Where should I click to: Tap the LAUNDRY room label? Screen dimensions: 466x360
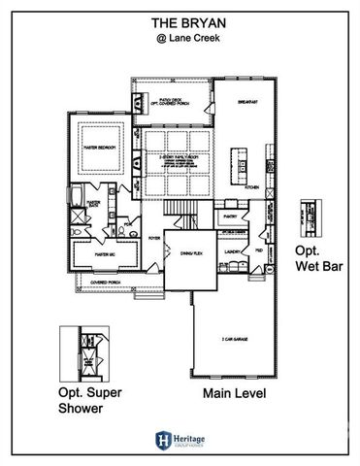coord(232,250)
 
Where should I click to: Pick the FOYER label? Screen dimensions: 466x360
coord(153,236)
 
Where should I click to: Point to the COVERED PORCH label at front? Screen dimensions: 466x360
coord(105,283)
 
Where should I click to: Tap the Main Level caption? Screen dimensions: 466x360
coord(234,394)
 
